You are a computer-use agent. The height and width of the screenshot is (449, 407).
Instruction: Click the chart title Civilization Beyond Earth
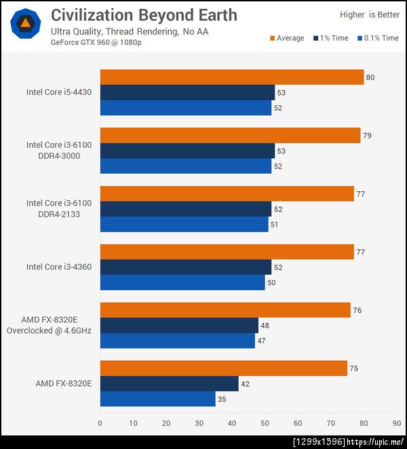pyautogui.click(x=144, y=14)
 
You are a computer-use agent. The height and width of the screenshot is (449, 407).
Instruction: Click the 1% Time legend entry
pyautogui.click(x=331, y=38)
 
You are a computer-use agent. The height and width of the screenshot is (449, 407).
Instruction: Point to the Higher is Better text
pyautogui.click(x=370, y=14)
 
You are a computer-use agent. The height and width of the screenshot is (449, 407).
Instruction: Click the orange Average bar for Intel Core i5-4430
pyautogui.click(x=232, y=77)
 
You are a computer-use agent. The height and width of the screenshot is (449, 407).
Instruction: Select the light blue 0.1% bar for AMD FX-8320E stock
pyautogui.click(x=158, y=399)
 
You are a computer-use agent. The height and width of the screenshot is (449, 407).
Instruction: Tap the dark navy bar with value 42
pyautogui.click(x=170, y=384)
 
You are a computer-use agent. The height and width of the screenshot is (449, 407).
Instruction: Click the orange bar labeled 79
pyautogui.click(x=231, y=136)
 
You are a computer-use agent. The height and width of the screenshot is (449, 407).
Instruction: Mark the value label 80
pyautogui.click(x=370, y=77)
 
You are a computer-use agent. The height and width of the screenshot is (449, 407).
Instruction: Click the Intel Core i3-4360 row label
pyautogui.click(x=59, y=267)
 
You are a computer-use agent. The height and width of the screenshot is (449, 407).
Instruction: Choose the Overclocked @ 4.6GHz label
pyautogui.click(x=49, y=330)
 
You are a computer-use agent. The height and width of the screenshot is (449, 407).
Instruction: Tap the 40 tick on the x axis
pyautogui.click(x=232, y=423)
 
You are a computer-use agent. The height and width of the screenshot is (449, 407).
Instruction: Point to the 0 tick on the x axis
pyautogui.click(x=100, y=423)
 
